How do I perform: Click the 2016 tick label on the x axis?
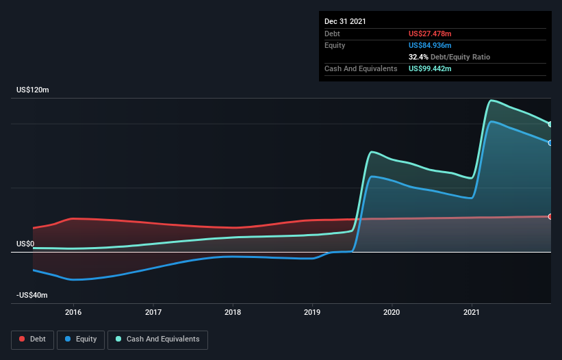[73, 312]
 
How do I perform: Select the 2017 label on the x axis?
[153, 312]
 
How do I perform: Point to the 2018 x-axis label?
[233, 312]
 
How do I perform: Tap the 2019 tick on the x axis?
[313, 312]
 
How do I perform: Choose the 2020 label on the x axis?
[392, 312]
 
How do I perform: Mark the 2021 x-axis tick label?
[472, 312]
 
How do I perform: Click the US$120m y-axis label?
[32, 90]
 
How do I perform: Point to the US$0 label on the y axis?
[25, 244]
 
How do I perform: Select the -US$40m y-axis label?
[32, 295]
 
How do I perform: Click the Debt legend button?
[31, 339]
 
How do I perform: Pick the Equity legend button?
[81, 339]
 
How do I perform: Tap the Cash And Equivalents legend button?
[157, 339]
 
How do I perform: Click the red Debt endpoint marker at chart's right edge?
[550, 216]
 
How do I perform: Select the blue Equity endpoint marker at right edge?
[550, 142]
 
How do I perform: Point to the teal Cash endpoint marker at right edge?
[550, 124]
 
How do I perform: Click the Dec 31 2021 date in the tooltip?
[345, 21]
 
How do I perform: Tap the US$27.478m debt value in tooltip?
[431, 34]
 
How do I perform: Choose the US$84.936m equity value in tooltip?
[431, 45]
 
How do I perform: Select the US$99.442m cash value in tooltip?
[431, 68]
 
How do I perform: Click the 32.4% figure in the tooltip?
[418, 57]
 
